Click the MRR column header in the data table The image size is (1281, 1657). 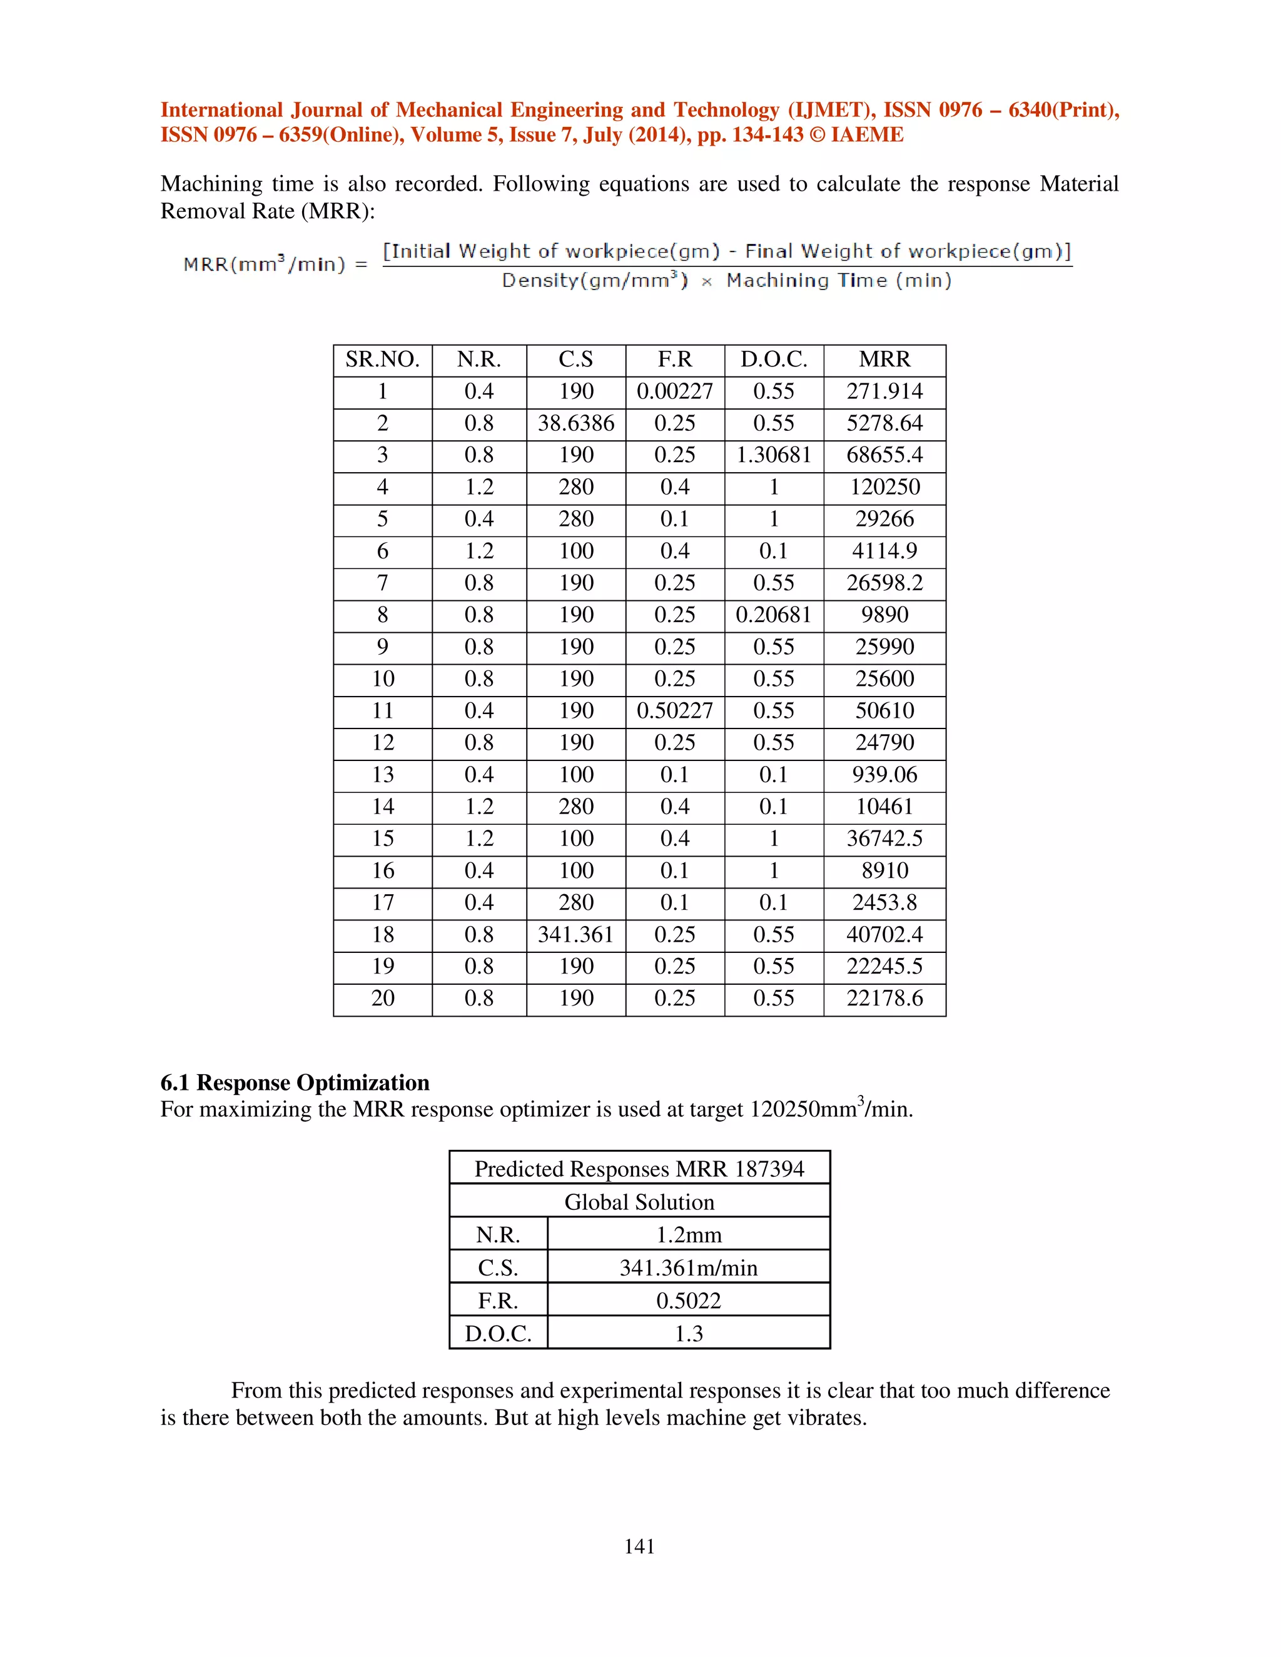click(884, 360)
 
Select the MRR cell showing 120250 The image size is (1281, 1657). click(884, 487)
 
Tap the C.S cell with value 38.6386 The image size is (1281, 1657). click(576, 423)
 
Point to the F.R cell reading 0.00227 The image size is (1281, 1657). click(675, 391)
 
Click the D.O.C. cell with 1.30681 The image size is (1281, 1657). click(773, 455)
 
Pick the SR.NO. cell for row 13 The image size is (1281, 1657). click(382, 775)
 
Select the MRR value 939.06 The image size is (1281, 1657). click(884, 775)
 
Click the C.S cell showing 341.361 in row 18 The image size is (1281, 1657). click(576, 935)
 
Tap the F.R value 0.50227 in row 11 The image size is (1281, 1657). click(675, 711)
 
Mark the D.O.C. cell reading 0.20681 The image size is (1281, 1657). click(773, 615)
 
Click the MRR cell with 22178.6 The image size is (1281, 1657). click(884, 999)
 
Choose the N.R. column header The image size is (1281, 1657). click(479, 360)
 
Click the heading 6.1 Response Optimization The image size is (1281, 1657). click(295, 1082)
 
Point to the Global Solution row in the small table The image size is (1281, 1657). click(639, 1202)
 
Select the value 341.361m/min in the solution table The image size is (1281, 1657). click(688, 1268)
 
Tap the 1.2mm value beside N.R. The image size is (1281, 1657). click(688, 1235)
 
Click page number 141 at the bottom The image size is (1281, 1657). click(639, 1546)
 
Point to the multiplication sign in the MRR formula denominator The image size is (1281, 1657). click(707, 282)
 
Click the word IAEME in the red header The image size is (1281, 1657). click(867, 135)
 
